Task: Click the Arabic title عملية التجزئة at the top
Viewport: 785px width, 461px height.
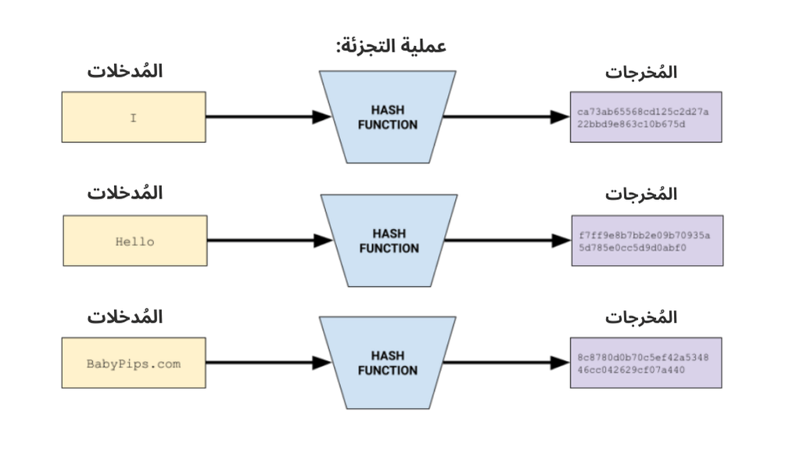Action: pyautogui.click(x=390, y=45)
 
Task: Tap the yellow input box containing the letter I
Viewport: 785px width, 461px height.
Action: pyautogui.click(x=134, y=117)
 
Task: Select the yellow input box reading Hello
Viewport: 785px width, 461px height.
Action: pyautogui.click(x=134, y=241)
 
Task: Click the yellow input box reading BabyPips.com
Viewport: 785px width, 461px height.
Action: pyautogui.click(x=134, y=363)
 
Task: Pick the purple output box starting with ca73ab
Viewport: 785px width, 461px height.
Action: pyautogui.click(x=645, y=117)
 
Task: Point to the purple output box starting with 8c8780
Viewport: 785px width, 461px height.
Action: pyautogui.click(x=645, y=363)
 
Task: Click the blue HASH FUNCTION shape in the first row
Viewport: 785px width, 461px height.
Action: pyautogui.click(x=388, y=117)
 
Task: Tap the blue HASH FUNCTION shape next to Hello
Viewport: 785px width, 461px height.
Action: pyautogui.click(x=388, y=241)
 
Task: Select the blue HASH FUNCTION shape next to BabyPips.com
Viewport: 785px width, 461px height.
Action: pyautogui.click(x=388, y=363)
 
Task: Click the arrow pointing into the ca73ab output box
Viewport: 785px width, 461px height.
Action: pyautogui.click(x=506, y=117)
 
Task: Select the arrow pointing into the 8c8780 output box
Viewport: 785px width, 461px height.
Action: pyautogui.click(x=506, y=363)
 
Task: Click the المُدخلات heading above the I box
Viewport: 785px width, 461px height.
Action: pyautogui.click(x=125, y=71)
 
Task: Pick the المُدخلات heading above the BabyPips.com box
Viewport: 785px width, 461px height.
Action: pyautogui.click(x=125, y=317)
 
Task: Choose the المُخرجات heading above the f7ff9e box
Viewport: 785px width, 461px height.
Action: pyautogui.click(x=641, y=195)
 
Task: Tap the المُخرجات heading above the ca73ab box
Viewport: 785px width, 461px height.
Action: pyautogui.click(x=641, y=73)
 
